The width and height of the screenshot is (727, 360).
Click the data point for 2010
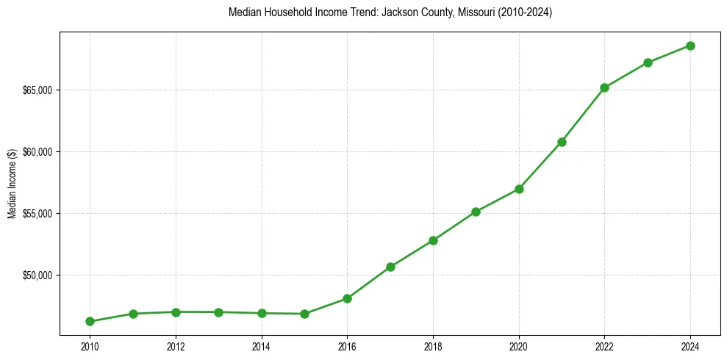pos(90,321)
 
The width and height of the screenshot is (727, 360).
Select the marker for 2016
pos(347,298)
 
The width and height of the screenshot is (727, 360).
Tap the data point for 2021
pos(562,142)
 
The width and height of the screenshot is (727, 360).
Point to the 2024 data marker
pos(690,46)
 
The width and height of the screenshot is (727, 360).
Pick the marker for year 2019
pos(476,212)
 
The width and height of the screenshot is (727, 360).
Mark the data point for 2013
pos(218,312)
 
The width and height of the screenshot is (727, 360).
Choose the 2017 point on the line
pos(390,267)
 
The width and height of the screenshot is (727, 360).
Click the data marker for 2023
pos(648,62)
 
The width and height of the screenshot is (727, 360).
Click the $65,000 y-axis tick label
pos(37,90)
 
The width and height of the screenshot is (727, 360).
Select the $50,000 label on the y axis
pos(37,276)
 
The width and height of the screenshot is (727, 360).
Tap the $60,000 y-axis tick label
pos(37,152)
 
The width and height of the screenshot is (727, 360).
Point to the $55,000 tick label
pos(37,214)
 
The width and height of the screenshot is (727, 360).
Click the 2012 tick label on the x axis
pos(176,346)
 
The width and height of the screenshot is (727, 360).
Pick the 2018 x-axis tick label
pos(433,346)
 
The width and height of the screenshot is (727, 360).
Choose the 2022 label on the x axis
pos(604,346)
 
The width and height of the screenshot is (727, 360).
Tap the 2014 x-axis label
pos(261,346)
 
